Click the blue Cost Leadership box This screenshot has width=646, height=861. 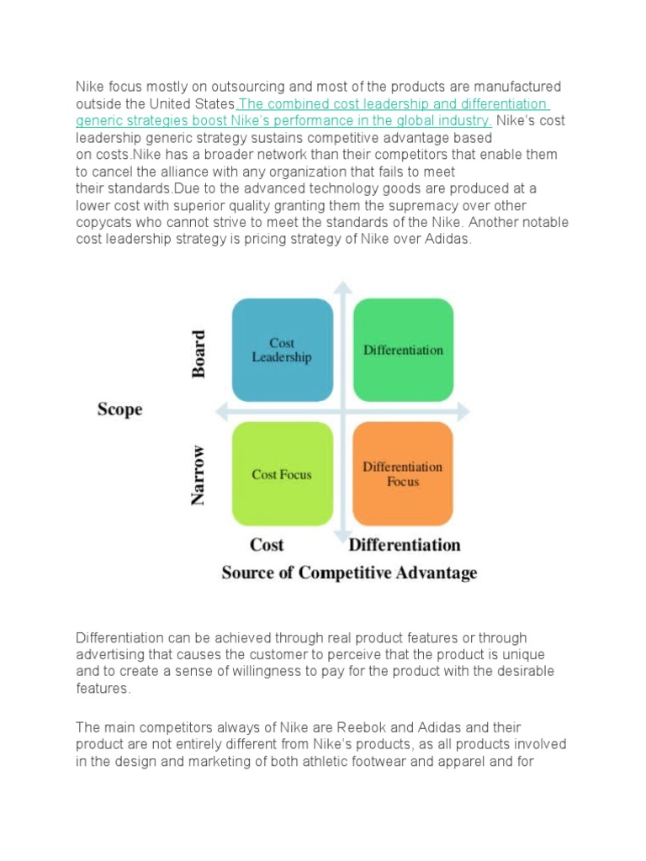pos(282,350)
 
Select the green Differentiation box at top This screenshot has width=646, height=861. pos(403,350)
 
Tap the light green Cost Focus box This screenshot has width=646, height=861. pos(282,474)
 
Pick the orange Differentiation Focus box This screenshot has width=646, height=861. pos(403,474)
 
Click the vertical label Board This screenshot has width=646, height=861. pos(199,354)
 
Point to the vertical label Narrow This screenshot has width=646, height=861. pos(199,475)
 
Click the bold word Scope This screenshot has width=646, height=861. pos(120,409)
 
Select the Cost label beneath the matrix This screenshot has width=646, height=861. pos(267,545)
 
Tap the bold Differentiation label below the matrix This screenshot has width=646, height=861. pos(405,545)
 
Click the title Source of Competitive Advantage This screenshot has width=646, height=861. pos(349,573)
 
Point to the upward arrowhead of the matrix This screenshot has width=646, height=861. pos(342,288)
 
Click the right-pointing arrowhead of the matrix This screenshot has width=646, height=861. pos(463,411)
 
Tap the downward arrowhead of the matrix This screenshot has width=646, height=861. pos(342,536)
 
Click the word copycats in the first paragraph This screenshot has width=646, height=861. pos(107,222)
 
